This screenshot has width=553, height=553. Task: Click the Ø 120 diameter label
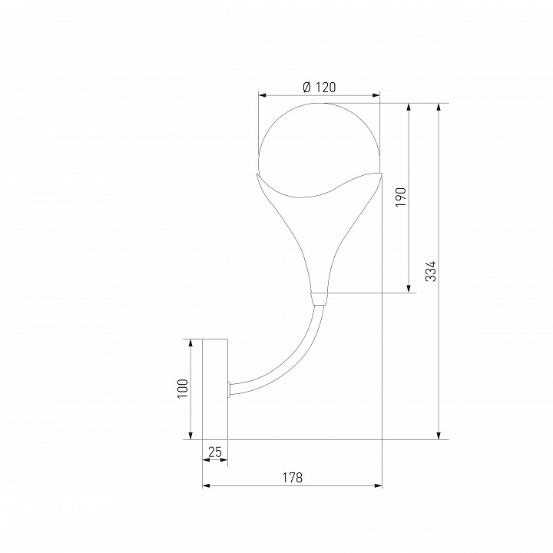(x=320, y=87)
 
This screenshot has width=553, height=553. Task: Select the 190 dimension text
(x=401, y=197)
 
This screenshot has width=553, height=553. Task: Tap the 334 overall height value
(x=431, y=271)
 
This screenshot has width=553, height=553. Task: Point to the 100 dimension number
(x=182, y=389)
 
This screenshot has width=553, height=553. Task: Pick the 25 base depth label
(x=215, y=452)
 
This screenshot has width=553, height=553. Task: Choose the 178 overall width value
(x=293, y=478)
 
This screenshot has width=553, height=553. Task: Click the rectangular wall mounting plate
(x=215, y=389)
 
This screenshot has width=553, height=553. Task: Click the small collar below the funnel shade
(x=320, y=299)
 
